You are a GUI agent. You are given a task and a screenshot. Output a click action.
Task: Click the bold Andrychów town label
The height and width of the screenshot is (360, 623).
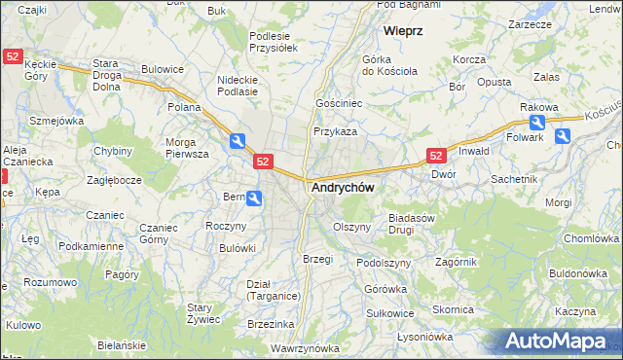(x=342, y=187)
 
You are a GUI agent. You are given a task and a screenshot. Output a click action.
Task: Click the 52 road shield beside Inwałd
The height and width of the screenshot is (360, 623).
(x=436, y=155)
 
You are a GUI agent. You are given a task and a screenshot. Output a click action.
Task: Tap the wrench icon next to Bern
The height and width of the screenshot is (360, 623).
(x=253, y=198)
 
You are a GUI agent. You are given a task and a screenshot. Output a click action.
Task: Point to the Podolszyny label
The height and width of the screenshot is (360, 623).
(x=380, y=263)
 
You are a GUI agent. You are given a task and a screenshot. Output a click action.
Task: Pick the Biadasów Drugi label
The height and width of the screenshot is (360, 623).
(x=411, y=225)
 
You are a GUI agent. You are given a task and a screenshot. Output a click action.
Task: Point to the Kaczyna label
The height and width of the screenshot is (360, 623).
(x=575, y=311)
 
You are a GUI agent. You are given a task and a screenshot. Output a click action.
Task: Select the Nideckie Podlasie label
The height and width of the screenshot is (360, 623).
(x=238, y=86)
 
